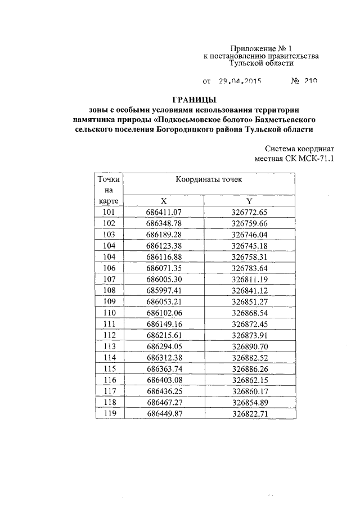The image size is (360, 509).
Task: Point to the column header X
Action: click(164, 201)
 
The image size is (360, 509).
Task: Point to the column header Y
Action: click(248, 201)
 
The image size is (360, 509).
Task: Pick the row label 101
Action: click(109, 212)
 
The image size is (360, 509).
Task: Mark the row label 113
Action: click(109, 346)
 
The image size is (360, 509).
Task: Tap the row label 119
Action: click(109, 413)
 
